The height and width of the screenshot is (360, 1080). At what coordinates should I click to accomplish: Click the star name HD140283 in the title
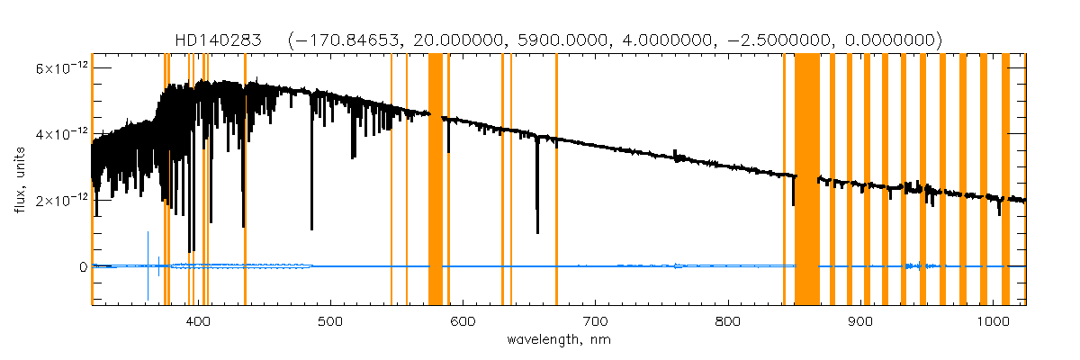tap(219, 40)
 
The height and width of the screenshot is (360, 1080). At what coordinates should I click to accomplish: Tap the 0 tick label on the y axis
tap(82, 267)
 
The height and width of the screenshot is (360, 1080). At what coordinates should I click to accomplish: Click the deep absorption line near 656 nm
tap(537, 198)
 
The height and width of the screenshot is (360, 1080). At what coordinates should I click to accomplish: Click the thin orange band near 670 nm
tap(556, 180)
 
